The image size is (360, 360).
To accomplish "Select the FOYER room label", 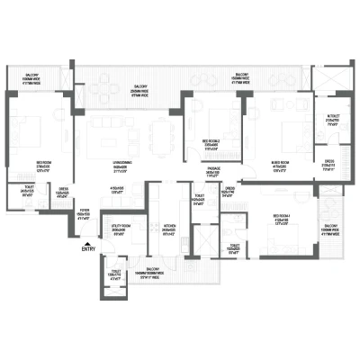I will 84,214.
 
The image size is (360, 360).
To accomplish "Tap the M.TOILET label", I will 331,121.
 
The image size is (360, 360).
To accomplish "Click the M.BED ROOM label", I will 279,166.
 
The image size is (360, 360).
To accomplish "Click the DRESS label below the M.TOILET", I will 328,166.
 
